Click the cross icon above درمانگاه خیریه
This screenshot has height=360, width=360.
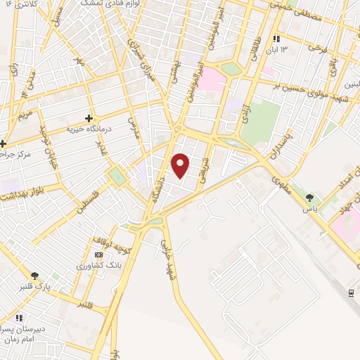[x=89, y=119]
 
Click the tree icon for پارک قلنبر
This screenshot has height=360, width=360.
[x=34, y=275]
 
